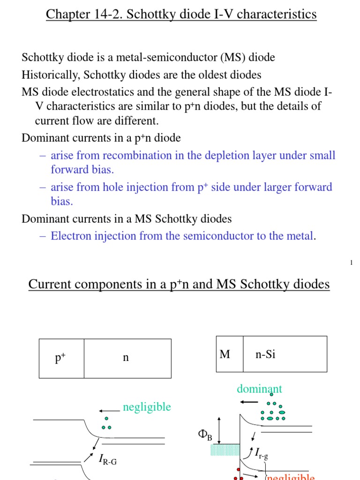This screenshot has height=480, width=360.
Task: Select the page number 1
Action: [x=351, y=263]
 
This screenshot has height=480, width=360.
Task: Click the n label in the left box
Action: [x=126, y=358]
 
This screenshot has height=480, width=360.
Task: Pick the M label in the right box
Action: [x=225, y=354]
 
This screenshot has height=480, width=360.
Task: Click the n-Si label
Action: [x=265, y=354]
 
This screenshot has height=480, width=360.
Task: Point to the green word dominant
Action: [x=259, y=389]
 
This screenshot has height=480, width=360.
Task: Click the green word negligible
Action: [x=147, y=407]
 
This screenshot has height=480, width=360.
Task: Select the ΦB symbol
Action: [x=205, y=436]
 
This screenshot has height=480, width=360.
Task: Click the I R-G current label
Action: [x=107, y=460]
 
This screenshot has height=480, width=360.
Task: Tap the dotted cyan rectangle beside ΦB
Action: [x=225, y=450]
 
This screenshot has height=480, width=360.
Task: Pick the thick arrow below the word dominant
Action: [x=248, y=402]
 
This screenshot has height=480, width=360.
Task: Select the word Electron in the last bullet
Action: [x=69, y=236]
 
